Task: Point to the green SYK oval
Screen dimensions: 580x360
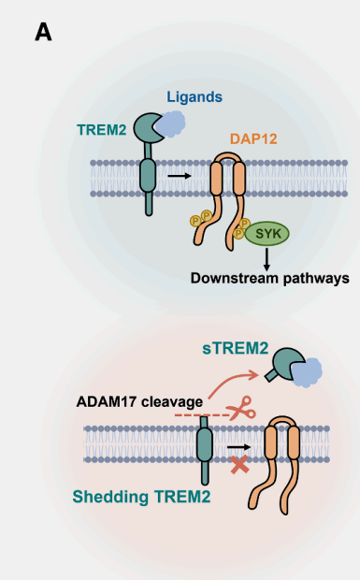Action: tap(267, 233)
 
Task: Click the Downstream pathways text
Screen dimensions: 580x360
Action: tap(269, 278)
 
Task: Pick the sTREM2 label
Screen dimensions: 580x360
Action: tap(236, 348)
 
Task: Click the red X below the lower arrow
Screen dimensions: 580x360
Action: tap(240, 464)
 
